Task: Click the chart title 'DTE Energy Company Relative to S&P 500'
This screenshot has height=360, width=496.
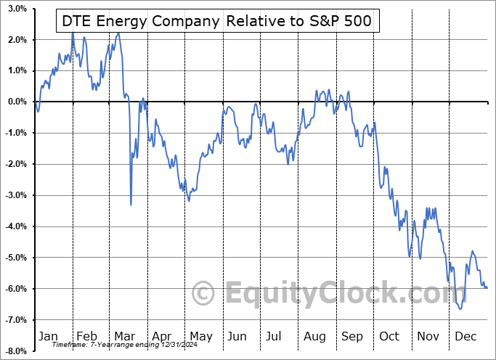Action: point(215,22)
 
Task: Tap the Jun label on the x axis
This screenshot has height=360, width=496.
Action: point(237,336)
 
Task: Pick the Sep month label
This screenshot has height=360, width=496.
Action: point(352,336)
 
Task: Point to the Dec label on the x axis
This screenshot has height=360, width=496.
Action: point(465,336)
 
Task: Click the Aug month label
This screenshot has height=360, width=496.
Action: point(315,336)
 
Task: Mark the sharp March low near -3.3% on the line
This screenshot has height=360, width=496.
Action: point(131,205)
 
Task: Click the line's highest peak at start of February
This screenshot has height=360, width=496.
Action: point(73,33)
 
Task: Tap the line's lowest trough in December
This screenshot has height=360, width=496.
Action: point(460,308)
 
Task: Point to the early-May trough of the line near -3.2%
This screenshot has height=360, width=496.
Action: point(189,201)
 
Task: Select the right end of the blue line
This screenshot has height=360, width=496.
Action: point(487,288)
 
